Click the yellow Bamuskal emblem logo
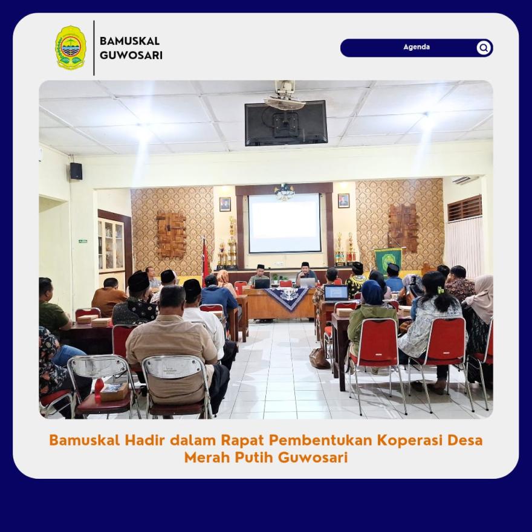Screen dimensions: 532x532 point(71,48)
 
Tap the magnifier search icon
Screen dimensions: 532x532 point(484,48)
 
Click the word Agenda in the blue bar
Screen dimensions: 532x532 point(417,47)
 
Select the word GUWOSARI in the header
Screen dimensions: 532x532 point(131,55)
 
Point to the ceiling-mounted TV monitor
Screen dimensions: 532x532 point(286,123)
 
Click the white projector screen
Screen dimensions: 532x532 point(284,223)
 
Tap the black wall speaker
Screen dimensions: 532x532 point(76,171)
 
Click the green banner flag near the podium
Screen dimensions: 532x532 point(388,260)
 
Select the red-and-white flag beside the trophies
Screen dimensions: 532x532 point(206,260)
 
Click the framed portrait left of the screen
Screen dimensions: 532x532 point(225,204)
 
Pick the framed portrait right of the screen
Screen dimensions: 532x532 point(343,201)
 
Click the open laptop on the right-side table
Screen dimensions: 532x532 point(336,293)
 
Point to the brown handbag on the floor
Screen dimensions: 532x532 point(319,358)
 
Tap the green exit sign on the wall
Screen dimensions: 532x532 point(83,241)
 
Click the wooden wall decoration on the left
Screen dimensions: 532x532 point(171,235)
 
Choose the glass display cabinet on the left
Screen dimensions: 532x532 point(111,244)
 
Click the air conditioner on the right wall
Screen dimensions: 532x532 point(465,180)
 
